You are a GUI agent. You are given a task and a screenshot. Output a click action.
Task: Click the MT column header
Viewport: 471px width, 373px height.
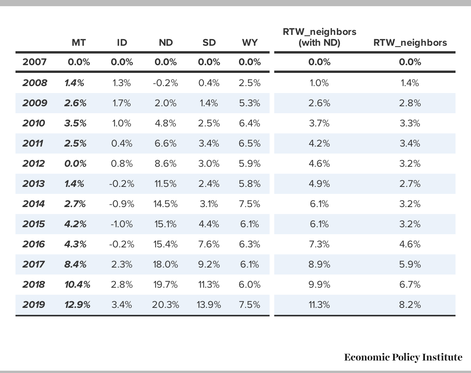pos(79,43)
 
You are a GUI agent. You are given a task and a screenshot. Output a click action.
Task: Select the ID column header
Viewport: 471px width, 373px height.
pos(122,43)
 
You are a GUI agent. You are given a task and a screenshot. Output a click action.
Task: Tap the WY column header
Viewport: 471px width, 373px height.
pos(250,43)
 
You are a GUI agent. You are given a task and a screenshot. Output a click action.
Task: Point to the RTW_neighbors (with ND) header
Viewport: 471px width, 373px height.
pos(319,37)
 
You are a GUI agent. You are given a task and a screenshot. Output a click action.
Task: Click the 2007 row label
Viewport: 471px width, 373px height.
pos(34,62)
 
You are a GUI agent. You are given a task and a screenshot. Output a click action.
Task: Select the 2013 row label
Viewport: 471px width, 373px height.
pos(33,184)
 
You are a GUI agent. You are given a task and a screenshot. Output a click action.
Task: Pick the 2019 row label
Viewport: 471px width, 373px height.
pos(34,305)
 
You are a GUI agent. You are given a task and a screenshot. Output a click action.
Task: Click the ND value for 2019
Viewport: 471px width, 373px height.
pos(165,305)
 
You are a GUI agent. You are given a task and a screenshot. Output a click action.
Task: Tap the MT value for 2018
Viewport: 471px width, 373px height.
pos(77,285)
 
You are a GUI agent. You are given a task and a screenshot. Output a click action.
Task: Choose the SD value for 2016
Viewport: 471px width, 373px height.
pos(209,244)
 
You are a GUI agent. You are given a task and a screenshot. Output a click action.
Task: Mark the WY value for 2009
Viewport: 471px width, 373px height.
pos(249,103)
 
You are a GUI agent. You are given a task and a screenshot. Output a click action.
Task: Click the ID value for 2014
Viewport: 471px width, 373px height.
pos(122,204)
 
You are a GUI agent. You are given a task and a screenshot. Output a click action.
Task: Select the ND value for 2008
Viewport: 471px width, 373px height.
pos(165,83)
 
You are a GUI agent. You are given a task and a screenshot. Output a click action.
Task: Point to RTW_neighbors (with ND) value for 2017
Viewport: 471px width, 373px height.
pos(319,264)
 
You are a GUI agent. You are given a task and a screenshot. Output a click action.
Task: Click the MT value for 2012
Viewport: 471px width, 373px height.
pos(75,164)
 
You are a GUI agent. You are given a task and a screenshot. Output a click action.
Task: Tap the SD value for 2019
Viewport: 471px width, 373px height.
pos(209,305)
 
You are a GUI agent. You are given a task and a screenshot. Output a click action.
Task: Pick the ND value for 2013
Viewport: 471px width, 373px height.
pos(165,184)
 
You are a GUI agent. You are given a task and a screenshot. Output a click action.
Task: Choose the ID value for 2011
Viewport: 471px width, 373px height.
pos(122,143)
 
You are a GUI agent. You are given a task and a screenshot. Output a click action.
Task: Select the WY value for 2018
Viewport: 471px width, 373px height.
pos(249,285)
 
